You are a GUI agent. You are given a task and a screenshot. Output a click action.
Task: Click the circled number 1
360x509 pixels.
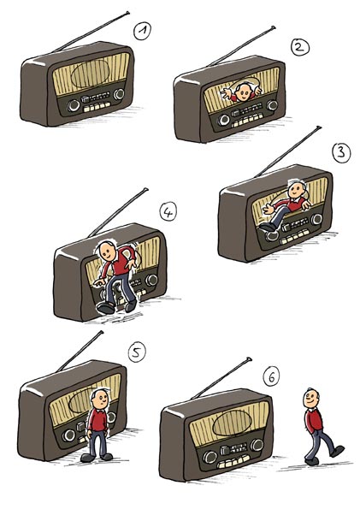pos(142,32)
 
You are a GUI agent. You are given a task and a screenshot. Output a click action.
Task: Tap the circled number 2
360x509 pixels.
pos(300,47)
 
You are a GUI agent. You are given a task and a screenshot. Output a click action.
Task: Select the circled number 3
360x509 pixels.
pos(341,152)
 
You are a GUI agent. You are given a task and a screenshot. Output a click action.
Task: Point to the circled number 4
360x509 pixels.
pos(168,212)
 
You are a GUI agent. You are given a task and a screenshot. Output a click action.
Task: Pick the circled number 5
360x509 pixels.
pos(137,352)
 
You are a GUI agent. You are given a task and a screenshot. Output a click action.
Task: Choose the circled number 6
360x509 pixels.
pos(271,377)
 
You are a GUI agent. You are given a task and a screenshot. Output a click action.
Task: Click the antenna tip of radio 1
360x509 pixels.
pos(127,13)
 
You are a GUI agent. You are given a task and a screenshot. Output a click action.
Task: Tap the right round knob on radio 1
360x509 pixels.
pos(119,94)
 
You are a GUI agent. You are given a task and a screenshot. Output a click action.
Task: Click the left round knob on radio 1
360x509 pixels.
pos(74,105)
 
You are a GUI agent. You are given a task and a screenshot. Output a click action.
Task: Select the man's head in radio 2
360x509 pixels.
pos(243,92)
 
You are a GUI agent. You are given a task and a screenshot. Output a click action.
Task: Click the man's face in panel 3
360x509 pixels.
pos(296,191)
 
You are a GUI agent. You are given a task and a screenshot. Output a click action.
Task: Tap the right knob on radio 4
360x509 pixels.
pos(151,280)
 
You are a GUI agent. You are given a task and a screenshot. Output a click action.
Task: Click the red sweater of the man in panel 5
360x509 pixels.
pos(97,420)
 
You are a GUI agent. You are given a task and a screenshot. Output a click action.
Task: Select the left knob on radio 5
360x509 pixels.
pos(68,435)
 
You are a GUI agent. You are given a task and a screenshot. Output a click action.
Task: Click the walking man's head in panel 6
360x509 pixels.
pos(311,399)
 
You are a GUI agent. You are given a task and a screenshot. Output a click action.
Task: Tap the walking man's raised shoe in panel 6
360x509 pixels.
pos(337,451)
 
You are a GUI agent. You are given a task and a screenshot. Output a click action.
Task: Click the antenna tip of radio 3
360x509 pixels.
pos(319,127)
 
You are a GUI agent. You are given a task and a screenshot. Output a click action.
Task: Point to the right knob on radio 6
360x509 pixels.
pos(257,445)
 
